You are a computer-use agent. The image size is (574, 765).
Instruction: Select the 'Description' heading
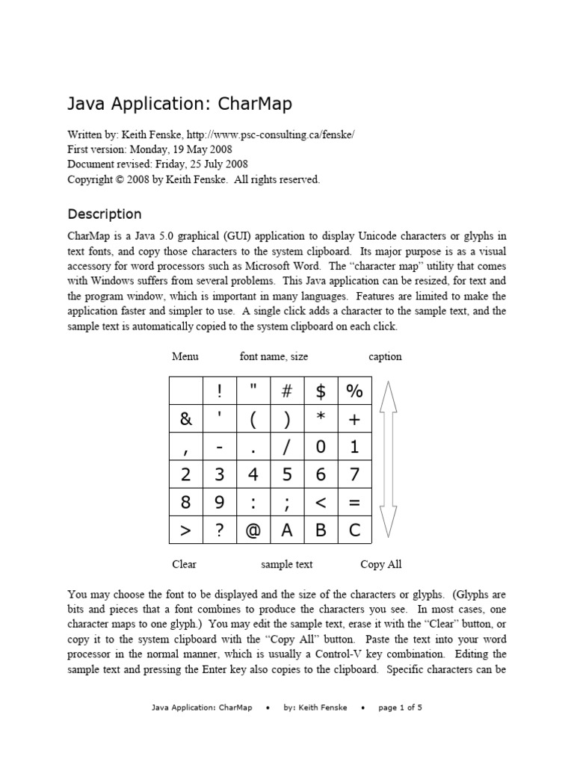pyautogui.click(x=104, y=214)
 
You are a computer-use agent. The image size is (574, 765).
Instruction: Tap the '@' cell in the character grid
pyautogui.click(x=253, y=530)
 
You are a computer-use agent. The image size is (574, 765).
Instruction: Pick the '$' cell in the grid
pyautogui.click(x=321, y=391)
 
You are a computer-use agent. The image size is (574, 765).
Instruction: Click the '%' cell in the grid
pyautogui.click(x=354, y=391)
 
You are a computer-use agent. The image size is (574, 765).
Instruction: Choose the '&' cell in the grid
pyautogui.click(x=186, y=419)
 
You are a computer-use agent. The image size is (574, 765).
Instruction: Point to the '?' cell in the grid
pyautogui.click(x=220, y=530)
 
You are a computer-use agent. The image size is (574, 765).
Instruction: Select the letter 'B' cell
pyautogui.click(x=321, y=530)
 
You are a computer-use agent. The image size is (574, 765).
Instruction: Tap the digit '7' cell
pyautogui.click(x=354, y=474)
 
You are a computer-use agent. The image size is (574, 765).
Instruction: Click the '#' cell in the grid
pyautogui.click(x=287, y=391)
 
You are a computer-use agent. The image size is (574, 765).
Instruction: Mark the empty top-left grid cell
pyautogui.click(x=186, y=391)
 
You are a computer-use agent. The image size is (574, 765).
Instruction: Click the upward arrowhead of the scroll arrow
pyautogui.click(x=389, y=396)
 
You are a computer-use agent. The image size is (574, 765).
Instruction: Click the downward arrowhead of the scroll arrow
pyautogui.click(x=389, y=523)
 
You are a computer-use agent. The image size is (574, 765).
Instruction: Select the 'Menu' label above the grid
pyautogui.click(x=185, y=356)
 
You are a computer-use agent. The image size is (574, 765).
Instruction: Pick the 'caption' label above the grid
pyautogui.click(x=385, y=356)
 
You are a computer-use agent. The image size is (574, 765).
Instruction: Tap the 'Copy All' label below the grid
pyautogui.click(x=381, y=564)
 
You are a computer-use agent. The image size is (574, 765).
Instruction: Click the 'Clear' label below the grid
pyautogui.click(x=184, y=564)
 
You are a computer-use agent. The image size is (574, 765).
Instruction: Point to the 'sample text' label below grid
pyautogui.click(x=287, y=564)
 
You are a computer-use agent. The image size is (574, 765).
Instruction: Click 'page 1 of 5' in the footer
pyautogui.click(x=401, y=707)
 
